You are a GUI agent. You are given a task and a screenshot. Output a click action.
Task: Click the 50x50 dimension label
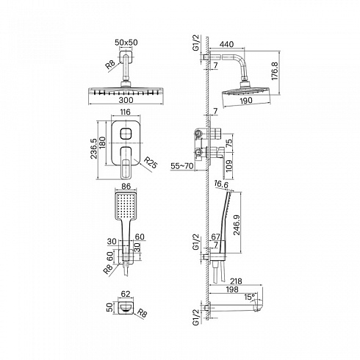click(126, 43)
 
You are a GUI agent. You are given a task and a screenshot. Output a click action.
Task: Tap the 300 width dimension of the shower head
click(126, 100)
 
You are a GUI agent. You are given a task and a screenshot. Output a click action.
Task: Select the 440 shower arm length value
click(226, 44)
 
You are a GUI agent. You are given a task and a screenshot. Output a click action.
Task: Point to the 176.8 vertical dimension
click(275, 71)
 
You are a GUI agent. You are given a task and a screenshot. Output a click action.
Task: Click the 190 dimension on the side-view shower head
click(245, 100)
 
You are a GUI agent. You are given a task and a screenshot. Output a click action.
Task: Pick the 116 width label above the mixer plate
click(126, 112)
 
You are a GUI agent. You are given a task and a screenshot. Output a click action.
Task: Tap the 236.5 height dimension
click(94, 148)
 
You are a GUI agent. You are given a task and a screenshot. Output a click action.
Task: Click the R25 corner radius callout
click(150, 162)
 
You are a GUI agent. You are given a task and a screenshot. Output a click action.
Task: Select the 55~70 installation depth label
click(182, 166)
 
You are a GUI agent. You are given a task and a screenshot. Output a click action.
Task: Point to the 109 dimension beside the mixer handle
click(228, 166)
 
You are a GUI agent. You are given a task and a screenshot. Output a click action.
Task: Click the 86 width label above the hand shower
click(126, 187)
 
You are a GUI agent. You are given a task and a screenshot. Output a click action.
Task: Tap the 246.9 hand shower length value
click(237, 225)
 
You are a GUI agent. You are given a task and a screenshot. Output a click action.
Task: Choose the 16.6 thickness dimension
click(221, 184)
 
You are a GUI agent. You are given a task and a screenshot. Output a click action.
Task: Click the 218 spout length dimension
click(236, 281)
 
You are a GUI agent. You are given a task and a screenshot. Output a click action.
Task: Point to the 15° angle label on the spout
click(249, 297)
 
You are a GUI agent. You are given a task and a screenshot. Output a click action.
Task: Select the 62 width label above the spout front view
click(126, 294)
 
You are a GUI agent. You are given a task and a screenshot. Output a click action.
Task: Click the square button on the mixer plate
click(126, 134)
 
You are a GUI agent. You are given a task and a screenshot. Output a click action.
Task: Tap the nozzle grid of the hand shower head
click(126, 206)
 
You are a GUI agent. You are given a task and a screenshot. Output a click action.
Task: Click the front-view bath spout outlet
click(126, 309)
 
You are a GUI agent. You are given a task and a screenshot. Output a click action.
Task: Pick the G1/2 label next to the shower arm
click(196, 43)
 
